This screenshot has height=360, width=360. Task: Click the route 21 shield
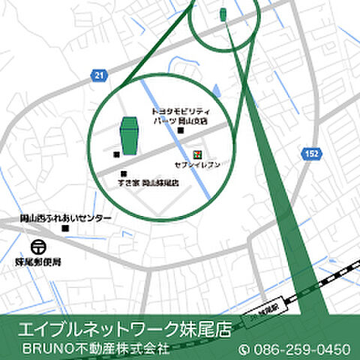point(99,73)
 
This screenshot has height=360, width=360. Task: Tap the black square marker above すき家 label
point(123,173)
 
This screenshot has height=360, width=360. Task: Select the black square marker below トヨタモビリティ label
point(180,132)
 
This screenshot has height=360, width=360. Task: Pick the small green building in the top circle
point(223,14)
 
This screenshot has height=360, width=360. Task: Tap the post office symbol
point(37,246)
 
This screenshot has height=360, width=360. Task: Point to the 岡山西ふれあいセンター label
point(66,218)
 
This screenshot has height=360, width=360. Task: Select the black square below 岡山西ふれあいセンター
point(65,228)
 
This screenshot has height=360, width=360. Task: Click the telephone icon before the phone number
point(243,349)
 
